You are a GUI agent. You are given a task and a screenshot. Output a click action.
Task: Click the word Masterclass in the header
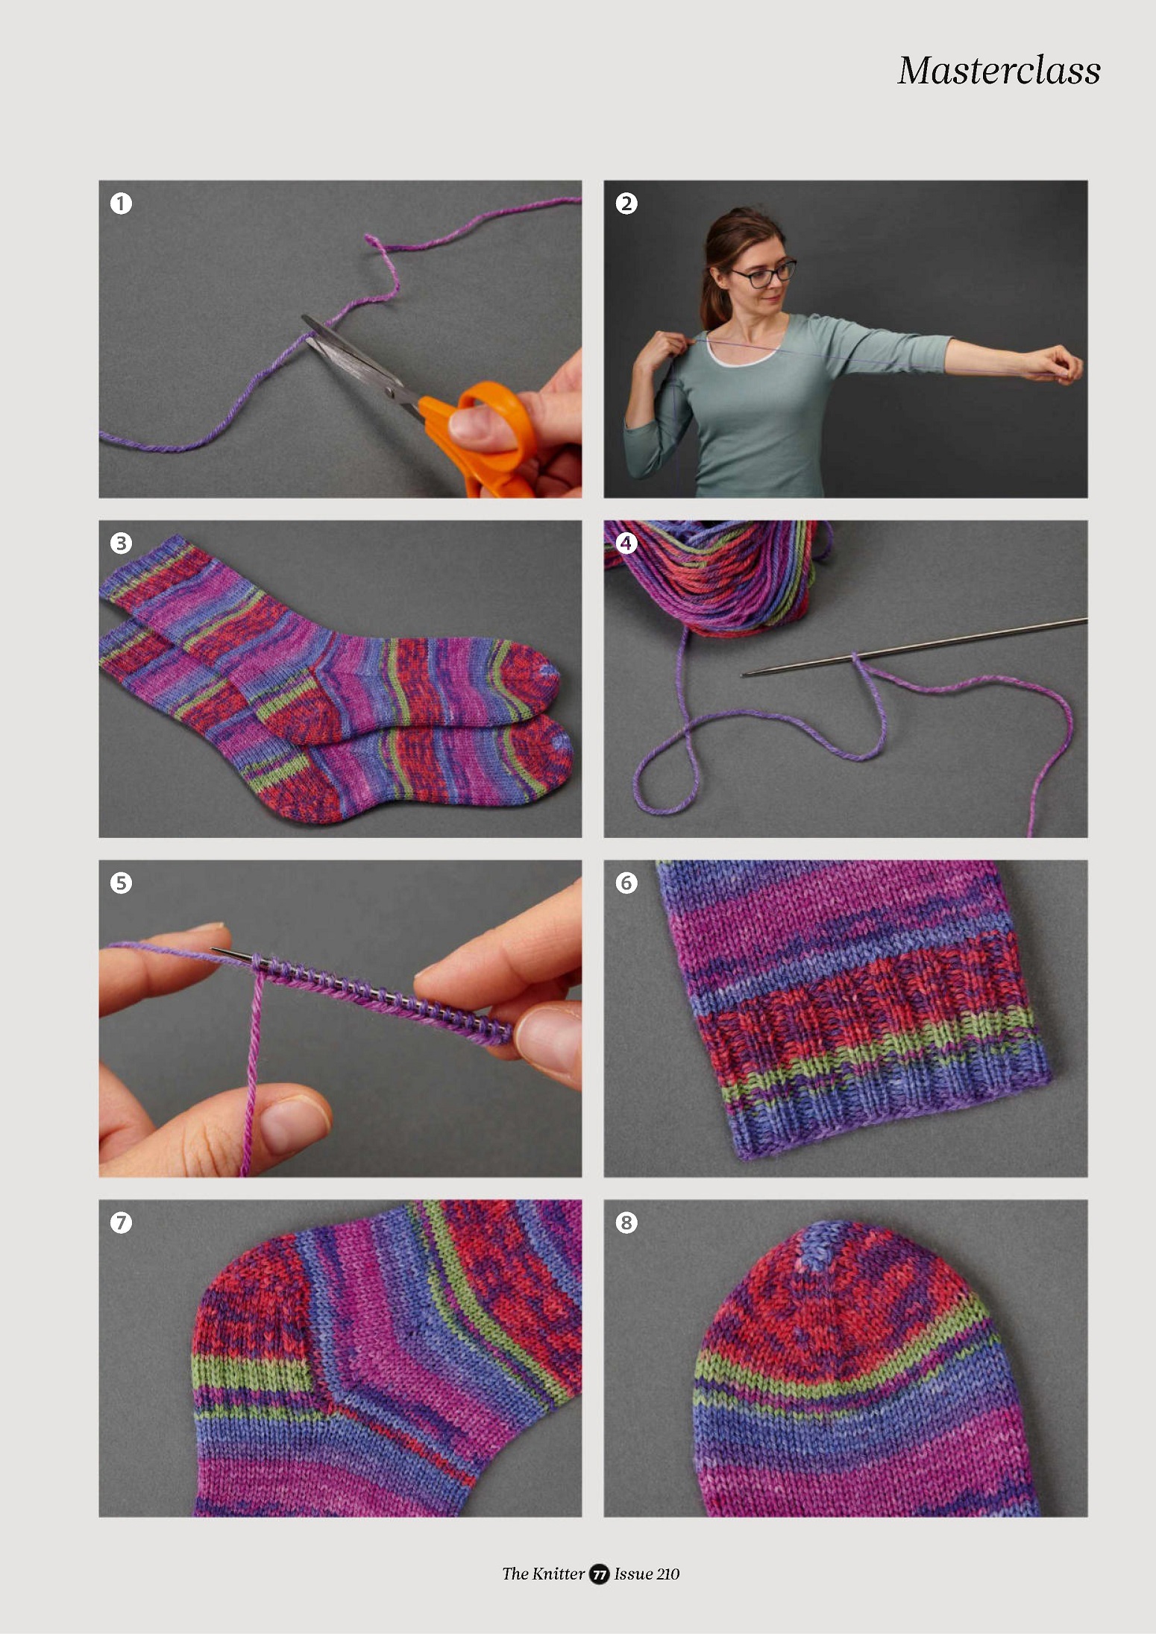point(999,71)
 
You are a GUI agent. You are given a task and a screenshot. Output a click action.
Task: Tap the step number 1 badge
point(121,203)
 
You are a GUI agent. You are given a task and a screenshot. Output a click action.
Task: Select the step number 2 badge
point(626,203)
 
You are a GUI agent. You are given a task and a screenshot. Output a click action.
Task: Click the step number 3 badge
point(121,543)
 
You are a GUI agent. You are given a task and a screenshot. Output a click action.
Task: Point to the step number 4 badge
point(626,543)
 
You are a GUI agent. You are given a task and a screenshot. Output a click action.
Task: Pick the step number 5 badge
point(121,883)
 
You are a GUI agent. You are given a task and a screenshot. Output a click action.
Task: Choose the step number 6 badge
point(626,883)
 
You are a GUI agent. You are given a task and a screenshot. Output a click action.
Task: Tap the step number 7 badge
point(121,1223)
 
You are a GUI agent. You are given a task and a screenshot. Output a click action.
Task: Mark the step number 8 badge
point(626,1223)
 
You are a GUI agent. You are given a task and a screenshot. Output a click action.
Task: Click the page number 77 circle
point(599,1574)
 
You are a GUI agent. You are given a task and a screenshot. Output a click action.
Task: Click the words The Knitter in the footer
point(543,1574)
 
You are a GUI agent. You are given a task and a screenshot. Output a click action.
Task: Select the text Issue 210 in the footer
point(647,1574)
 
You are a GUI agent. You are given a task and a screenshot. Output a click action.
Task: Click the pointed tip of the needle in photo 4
point(743,675)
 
